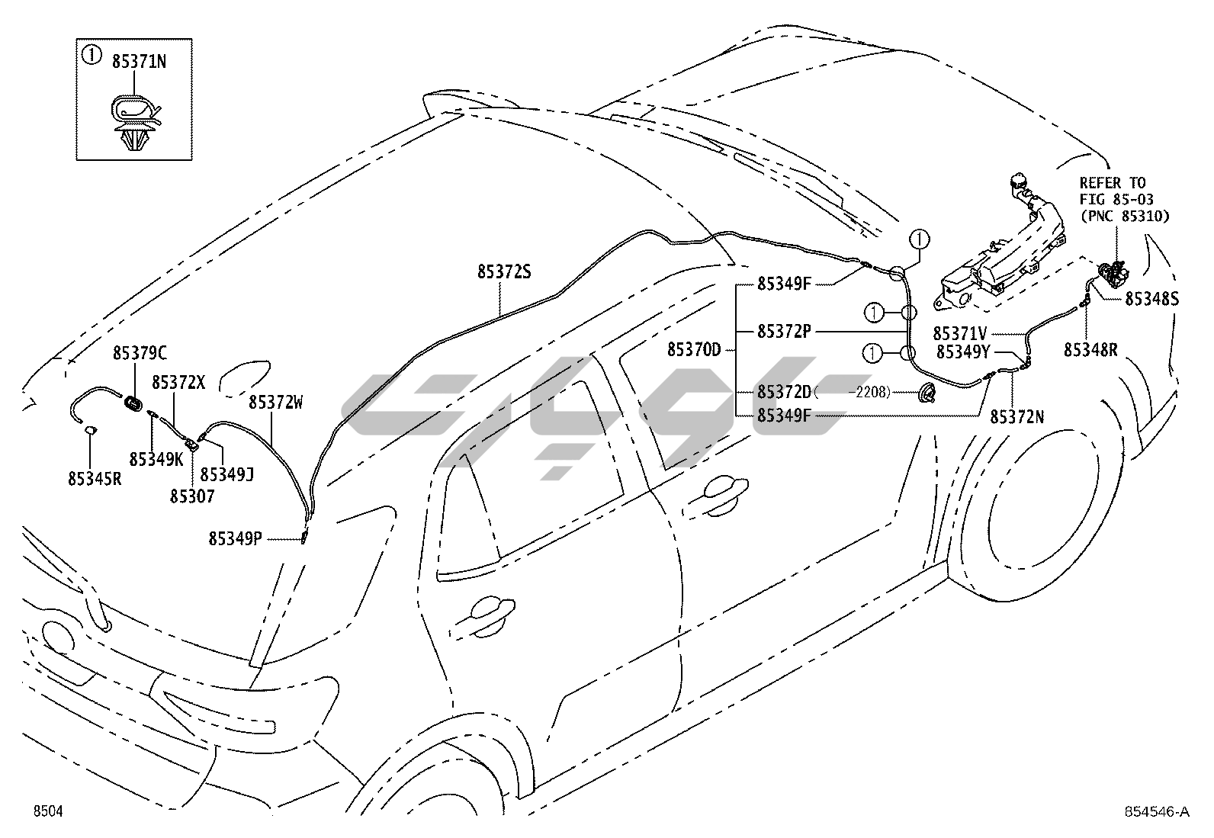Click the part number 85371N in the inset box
point(139,63)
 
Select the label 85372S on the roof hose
point(504,272)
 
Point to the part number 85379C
point(140,353)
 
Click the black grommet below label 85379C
point(134,403)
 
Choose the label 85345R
point(95,479)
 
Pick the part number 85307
point(192,496)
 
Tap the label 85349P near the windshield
point(236,539)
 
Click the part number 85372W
point(275,402)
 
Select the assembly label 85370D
point(694,350)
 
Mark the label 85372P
point(784,332)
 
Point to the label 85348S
point(1152,300)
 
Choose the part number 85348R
point(1091,350)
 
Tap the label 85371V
point(961,334)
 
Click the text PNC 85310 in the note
point(1125,216)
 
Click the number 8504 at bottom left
point(47,812)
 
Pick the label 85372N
point(1017,417)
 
